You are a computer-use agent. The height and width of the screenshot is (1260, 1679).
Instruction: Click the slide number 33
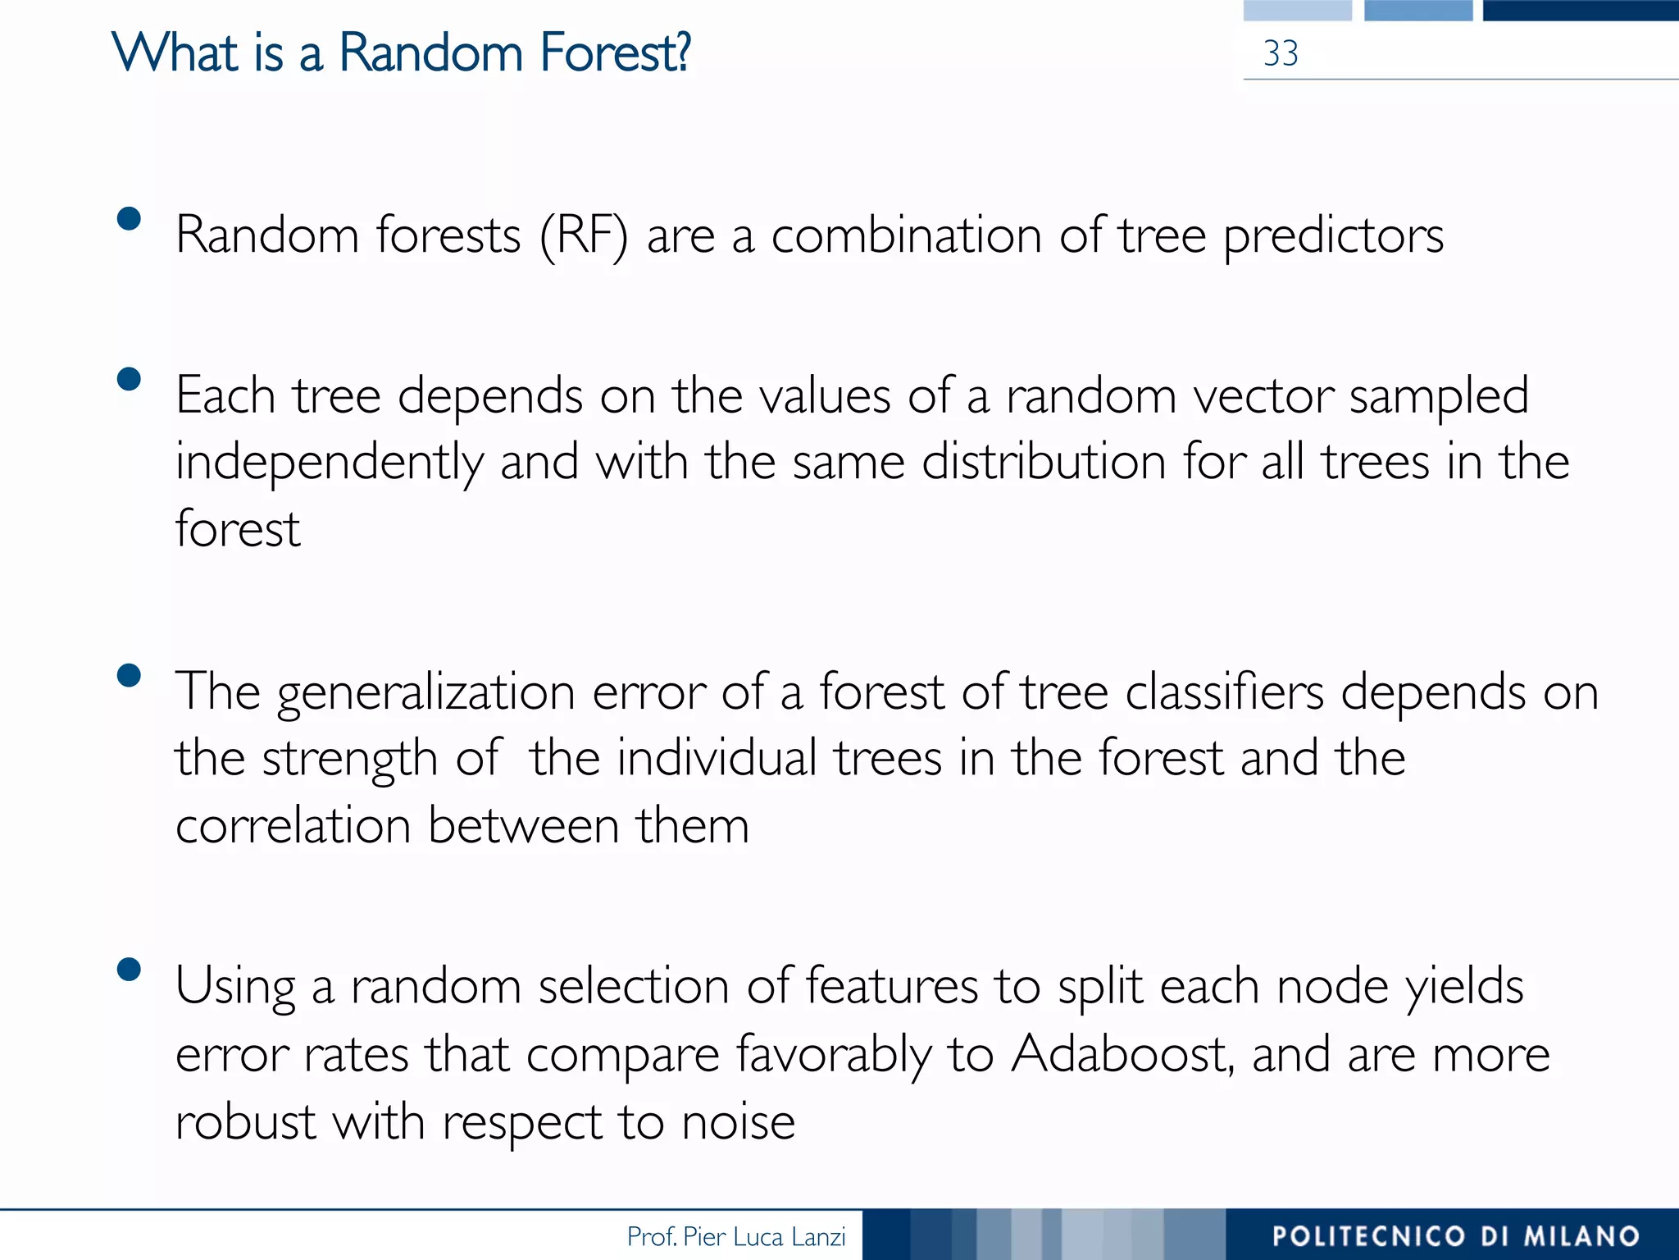pos(1280,54)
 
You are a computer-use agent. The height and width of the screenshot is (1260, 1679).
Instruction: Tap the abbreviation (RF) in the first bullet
pos(584,236)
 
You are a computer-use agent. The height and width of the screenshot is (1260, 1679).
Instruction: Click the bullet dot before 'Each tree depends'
pos(129,379)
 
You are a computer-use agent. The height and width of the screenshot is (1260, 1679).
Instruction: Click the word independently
pos(329,463)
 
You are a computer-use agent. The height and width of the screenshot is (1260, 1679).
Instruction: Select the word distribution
pos(1043,462)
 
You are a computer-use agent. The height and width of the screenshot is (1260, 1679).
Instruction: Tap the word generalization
pos(425,693)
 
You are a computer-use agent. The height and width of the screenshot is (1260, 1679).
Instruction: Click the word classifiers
pos(1224,692)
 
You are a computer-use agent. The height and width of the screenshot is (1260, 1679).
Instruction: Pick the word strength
pos(349,760)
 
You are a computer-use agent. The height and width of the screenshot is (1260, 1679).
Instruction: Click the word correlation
pos(293,825)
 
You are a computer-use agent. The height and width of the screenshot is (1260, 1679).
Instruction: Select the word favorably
pos(833,1055)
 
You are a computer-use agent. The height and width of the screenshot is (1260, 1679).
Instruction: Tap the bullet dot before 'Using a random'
pos(129,970)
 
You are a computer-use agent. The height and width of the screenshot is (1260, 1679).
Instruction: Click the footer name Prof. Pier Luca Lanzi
pos(735,1236)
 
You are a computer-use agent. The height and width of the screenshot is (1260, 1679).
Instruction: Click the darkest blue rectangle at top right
pos(1580,10)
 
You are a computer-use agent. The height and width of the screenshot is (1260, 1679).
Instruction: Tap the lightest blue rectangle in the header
pos(1297,10)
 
